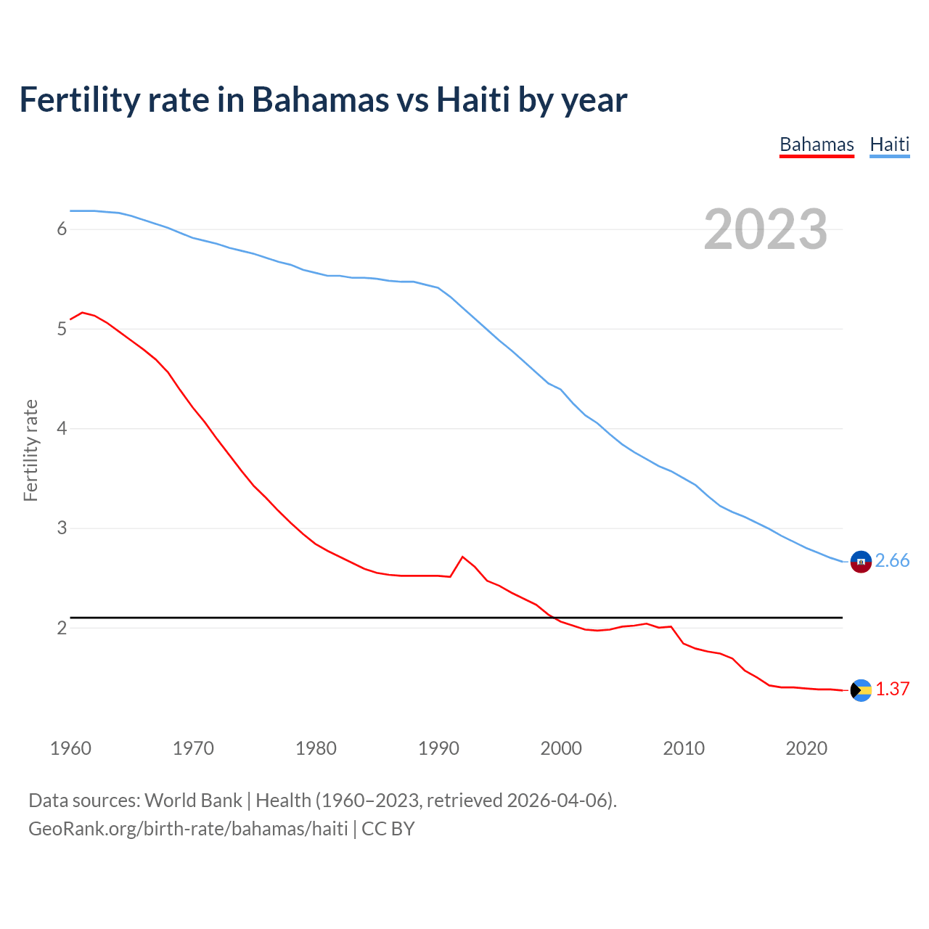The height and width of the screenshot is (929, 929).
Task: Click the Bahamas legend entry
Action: point(817,144)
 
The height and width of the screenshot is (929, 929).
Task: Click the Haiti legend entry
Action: point(889,144)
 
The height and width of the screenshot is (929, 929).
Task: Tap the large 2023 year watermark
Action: point(765,229)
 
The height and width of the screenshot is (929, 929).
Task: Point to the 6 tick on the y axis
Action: point(62,229)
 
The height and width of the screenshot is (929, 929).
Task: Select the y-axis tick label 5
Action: point(62,329)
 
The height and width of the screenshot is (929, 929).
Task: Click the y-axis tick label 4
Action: point(62,428)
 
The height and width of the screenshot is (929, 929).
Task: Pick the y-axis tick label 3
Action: point(62,528)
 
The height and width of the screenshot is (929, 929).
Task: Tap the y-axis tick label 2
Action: point(62,628)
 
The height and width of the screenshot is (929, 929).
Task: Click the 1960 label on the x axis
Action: point(70,748)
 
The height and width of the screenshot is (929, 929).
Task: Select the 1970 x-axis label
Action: point(193,748)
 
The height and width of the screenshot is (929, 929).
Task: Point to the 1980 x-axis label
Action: point(316,748)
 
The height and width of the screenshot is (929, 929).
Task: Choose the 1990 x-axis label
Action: point(438,748)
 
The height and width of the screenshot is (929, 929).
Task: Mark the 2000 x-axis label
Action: point(561,748)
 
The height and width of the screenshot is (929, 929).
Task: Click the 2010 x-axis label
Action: point(684,748)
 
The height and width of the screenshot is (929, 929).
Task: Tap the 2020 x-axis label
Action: point(806,748)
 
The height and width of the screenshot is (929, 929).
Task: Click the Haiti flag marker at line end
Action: point(861,562)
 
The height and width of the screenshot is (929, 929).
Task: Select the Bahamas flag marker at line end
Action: point(861,690)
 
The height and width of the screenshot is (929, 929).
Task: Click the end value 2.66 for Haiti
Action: point(892,561)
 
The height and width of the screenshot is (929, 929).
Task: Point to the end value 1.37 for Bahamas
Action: point(892,689)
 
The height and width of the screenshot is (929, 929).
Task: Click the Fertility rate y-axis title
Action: point(30,450)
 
